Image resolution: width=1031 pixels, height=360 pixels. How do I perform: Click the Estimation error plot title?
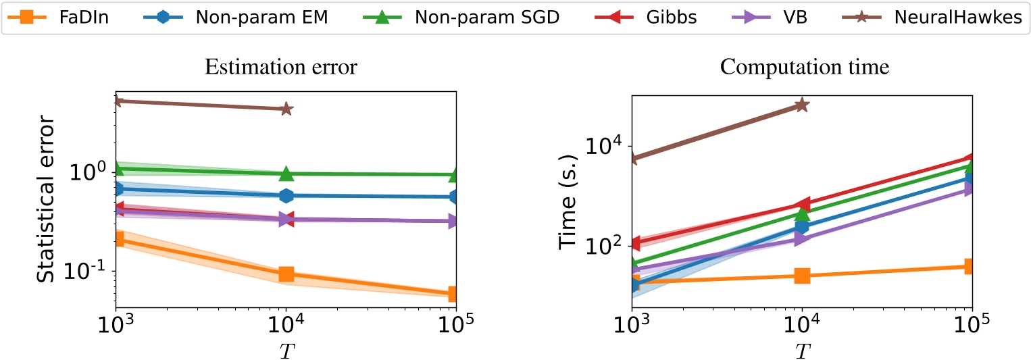[x=286, y=68]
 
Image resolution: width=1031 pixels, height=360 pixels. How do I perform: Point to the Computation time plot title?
[x=801, y=68]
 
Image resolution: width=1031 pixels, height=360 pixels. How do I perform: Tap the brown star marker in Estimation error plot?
[x=286, y=109]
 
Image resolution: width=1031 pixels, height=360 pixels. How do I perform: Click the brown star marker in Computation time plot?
[x=802, y=105]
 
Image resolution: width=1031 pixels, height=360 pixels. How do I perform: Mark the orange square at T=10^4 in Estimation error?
[x=286, y=274]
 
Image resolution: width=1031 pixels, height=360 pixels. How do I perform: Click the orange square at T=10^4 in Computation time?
[x=802, y=276]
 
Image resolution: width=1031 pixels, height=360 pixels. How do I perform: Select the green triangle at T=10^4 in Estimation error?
[x=286, y=174]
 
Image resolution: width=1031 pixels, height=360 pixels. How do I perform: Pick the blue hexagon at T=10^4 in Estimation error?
[x=286, y=196]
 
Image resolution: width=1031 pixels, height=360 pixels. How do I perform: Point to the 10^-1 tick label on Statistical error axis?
[x=93, y=271]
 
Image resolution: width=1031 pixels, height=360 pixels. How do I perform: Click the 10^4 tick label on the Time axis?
[x=608, y=146]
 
